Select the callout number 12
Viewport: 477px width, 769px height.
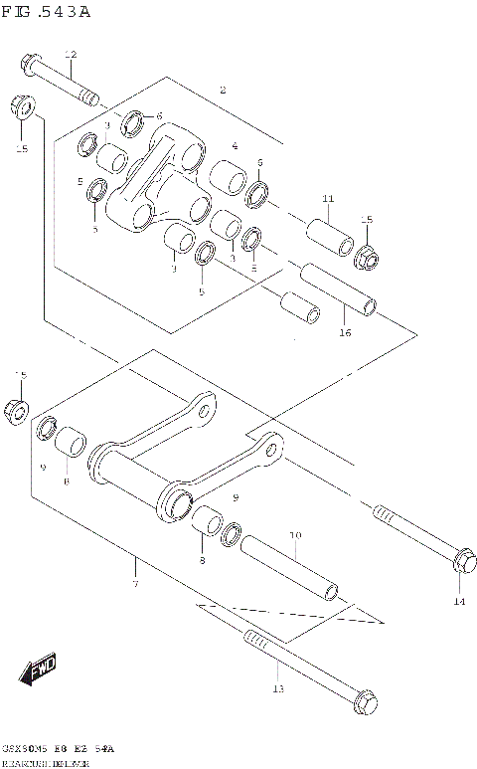click(70, 55)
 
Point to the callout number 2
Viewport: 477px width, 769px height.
click(223, 91)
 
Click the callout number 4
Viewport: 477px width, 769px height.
click(235, 146)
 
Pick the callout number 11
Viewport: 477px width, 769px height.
click(328, 199)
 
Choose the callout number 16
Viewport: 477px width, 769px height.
click(345, 332)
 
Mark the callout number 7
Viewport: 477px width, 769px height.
click(134, 584)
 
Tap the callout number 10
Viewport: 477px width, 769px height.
click(294, 536)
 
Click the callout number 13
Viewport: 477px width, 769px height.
click(278, 688)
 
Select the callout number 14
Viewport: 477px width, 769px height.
click(458, 601)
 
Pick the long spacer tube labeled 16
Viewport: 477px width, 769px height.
click(339, 288)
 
